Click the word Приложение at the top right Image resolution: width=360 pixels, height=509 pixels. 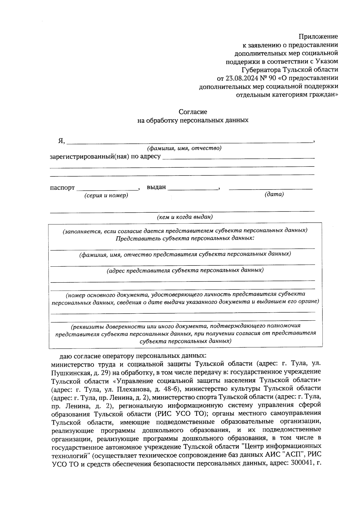[x=318, y=37]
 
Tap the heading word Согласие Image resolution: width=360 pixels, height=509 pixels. [x=193, y=112]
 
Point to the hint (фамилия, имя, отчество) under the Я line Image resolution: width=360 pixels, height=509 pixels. [x=184, y=148]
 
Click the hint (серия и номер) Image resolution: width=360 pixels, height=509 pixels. [x=106, y=196]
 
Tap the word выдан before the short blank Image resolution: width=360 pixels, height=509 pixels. [x=156, y=187]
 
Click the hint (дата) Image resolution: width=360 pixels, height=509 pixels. [x=274, y=194]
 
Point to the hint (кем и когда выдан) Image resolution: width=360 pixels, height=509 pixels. [x=185, y=217]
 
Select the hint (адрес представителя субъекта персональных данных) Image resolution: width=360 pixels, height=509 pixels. [x=185, y=270]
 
